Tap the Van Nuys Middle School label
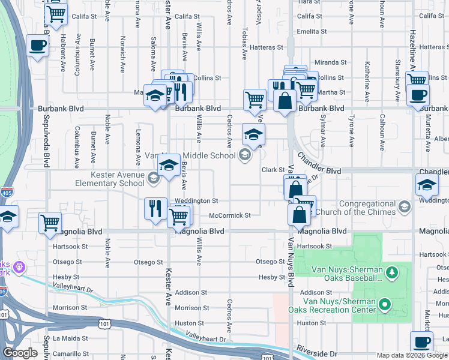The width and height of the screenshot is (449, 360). point(190,155)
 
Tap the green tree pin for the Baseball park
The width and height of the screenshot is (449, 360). point(392,274)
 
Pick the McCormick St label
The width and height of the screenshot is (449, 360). point(229,215)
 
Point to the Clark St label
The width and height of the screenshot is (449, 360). point(273,170)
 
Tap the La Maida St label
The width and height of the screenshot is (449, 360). point(69,338)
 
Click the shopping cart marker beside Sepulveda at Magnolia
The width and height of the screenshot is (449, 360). point(50,222)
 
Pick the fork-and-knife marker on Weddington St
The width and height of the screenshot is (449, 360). point(155,208)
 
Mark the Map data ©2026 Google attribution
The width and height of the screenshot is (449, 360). point(411,355)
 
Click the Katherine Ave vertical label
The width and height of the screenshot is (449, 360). point(366,84)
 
